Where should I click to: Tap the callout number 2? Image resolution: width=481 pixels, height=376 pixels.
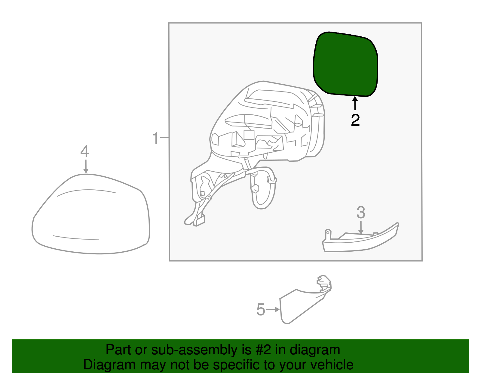[355, 120]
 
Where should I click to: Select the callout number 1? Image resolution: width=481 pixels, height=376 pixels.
[155, 138]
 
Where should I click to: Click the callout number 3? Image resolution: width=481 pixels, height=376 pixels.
[361, 213]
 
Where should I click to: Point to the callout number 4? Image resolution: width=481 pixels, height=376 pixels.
[85, 151]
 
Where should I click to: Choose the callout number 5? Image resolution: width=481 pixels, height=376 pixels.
[261, 310]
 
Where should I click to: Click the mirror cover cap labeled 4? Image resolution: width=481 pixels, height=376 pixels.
[90, 217]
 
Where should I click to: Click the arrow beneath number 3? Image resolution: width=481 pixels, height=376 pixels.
[361, 227]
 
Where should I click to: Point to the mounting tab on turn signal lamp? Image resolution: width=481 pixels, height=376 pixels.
[328, 234]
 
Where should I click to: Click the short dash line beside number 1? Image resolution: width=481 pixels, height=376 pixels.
[164, 138]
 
